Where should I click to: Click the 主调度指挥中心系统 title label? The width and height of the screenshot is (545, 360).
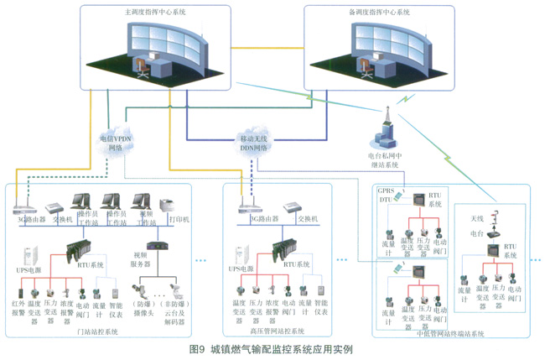pos(153,14)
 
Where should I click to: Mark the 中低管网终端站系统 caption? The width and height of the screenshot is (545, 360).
pos(450,333)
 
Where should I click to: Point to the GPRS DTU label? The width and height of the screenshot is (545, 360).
pos(386,196)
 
